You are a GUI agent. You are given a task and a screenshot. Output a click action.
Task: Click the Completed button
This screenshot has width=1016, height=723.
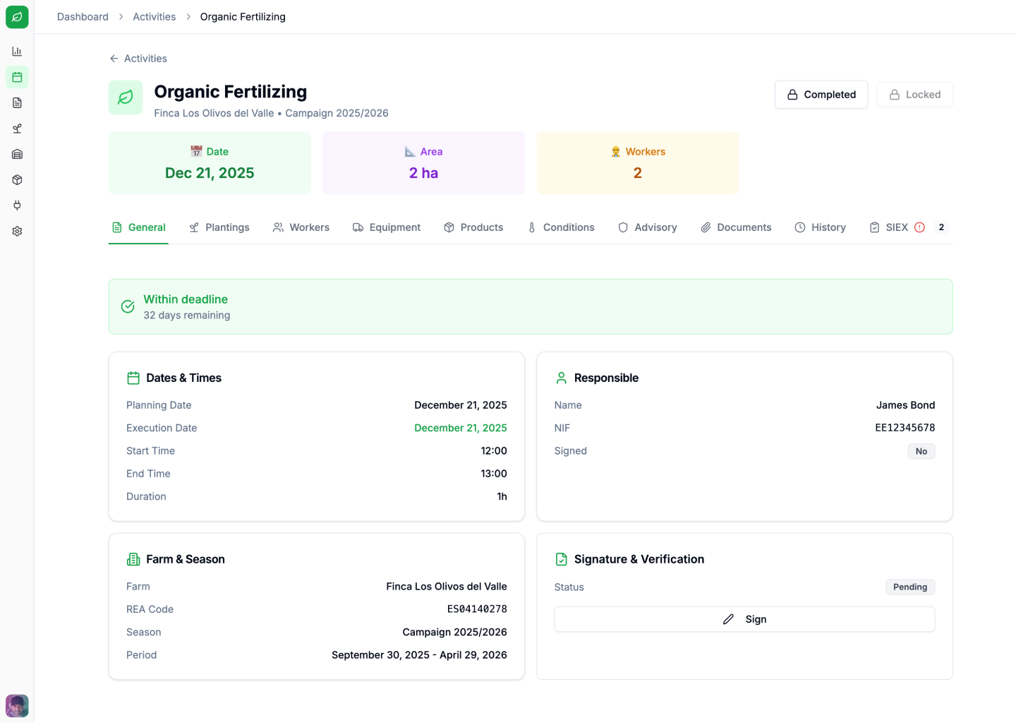click(x=821, y=95)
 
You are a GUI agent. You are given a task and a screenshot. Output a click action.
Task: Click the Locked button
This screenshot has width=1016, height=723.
click(x=914, y=95)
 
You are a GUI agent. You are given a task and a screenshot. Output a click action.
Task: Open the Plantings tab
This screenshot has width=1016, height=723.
click(x=219, y=227)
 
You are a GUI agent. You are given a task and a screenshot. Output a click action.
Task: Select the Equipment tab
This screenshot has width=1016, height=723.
click(x=387, y=227)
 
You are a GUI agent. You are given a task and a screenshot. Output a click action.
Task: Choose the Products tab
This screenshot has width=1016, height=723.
click(x=473, y=227)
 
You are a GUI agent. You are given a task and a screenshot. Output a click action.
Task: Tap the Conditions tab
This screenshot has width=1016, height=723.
click(x=561, y=227)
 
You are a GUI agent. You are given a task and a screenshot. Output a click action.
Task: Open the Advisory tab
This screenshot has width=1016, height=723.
click(x=648, y=227)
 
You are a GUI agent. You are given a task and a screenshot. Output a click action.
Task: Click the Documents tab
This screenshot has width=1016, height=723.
click(x=736, y=227)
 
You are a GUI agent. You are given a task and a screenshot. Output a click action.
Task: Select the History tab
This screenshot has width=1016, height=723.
click(x=820, y=227)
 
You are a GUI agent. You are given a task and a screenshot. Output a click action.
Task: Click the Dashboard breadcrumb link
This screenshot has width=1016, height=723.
click(x=83, y=17)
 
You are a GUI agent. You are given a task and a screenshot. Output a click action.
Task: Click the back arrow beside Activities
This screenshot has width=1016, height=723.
click(x=114, y=59)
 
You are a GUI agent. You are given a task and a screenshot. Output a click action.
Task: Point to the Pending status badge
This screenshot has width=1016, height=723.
click(x=909, y=587)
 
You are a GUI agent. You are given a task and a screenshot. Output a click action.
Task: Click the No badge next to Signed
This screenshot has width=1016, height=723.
click(x=921, y=452)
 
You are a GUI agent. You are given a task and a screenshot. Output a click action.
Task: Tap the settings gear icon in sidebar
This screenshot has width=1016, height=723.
click(x=17, y=232)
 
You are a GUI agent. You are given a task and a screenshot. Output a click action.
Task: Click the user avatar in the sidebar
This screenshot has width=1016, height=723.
click(x=17, y=705)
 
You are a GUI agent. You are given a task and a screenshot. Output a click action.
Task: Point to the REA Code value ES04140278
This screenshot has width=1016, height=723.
click(x=477, y=609)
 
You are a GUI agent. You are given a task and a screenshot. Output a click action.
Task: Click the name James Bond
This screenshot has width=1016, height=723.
click(x=905, y=405)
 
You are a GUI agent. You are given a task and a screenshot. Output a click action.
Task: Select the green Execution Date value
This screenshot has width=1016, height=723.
click(x=460, y=428)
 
